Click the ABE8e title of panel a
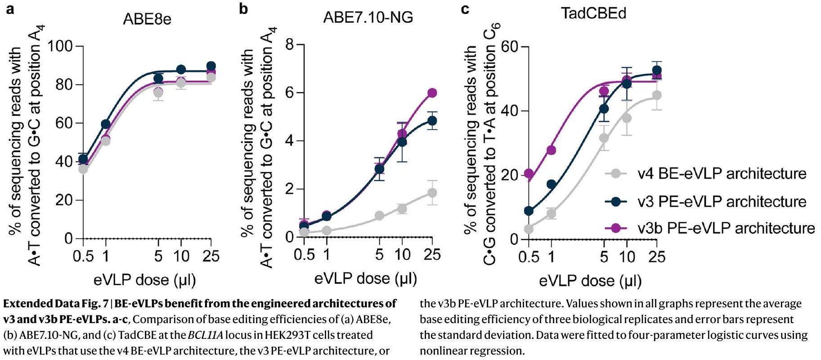click(147, 19)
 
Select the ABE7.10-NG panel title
click(368, 18)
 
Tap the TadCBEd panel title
click(593, 13)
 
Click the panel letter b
click(243, 9)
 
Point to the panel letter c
click(465, 9)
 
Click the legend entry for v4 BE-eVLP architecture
click(722, 174)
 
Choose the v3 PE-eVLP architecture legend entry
click(722, 201)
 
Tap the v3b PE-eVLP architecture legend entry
click(726, 228)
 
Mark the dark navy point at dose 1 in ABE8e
click(106, 124)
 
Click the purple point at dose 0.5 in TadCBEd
click(529, 174)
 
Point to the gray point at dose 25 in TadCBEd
click(657, 95)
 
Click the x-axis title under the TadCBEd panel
click(590, 281)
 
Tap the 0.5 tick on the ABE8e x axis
click(83, 256)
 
